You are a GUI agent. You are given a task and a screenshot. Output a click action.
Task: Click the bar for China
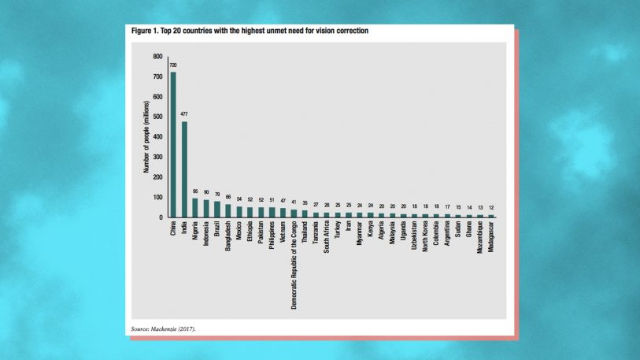pyautogui.click(x=173, y=145)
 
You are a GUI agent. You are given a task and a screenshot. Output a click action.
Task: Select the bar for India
pyautogui.click(x=184, y=169)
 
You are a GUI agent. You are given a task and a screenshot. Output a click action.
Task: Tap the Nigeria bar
pyautogui.click(x=195, y=207)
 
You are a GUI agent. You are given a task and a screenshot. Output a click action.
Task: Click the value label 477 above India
pyautogui.click(x=184, y=114)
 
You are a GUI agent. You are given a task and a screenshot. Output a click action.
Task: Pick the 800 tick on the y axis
pyautogui.click(x=157, y=57)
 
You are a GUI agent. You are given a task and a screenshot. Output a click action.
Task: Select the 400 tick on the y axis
pyautogui.click(x=157, y=137)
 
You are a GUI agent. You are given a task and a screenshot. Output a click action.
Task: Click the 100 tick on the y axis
pyautogui.click(x=157, y=197)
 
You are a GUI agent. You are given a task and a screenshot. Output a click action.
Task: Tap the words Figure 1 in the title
pyautogui.click(x=146, y=31)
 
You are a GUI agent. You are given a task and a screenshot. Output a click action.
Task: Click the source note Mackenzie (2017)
pyautogui.click(x=176, y=327)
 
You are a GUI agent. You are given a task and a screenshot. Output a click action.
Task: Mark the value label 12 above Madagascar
pyautogui.click(x=490, y=208)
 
